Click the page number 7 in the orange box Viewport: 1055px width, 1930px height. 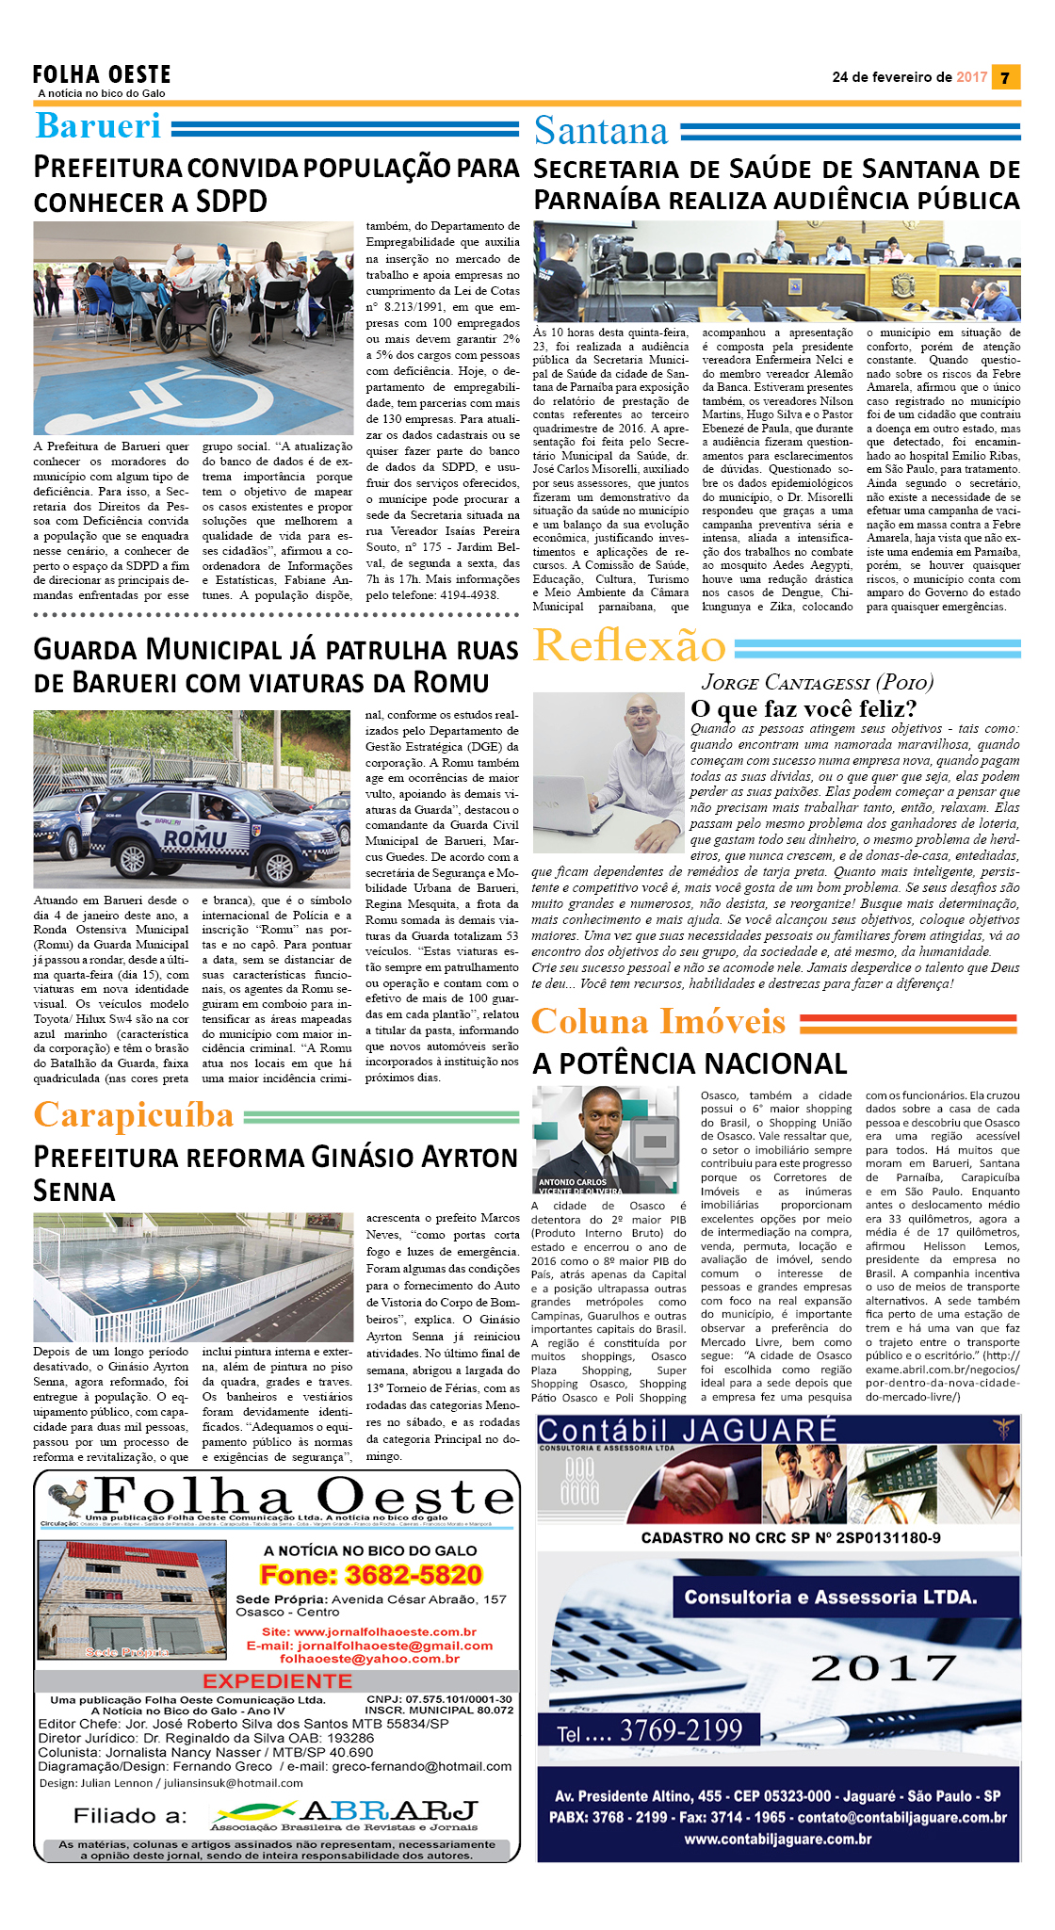pyautogui.click(x=1006, y=77)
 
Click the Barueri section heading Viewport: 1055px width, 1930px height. pyautogui.click(x=98, y=126)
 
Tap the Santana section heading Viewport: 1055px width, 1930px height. pyautogui.click(x=600, y=131)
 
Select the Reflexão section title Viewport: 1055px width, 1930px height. pyautogui.click(x=628, y=646)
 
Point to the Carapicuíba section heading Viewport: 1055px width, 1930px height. pyautogui.click(x=134, y=1115)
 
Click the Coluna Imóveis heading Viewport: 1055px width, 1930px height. pyautogui.click(x=657, y=1022)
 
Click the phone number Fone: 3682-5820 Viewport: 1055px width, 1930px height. pyautogui.click(x=370, y=1575)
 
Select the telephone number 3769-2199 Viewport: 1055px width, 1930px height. pyautogui.click(x=681, y=1729)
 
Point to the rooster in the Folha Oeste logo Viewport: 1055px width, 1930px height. pyautogui.click(x=69, y=1498)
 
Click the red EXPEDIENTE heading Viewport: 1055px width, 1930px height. pyautogui.click(x=277, y=1680)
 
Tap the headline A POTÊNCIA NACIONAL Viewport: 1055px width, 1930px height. pyautogui.click(x=690, y=1063)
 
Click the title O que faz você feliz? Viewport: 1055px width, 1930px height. pyautogui.click(x=803, y=708)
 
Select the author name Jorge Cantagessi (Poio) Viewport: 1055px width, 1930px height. pyautogui.click(x=817, y=682)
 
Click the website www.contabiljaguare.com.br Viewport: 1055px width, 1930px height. pyautogui.click(x=777, y=1839)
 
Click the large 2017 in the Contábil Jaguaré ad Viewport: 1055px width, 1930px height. pyautogui.click(x=883, y=1667)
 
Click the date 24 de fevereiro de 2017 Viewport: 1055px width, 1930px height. pyautogui.click(x=909, y=77)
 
